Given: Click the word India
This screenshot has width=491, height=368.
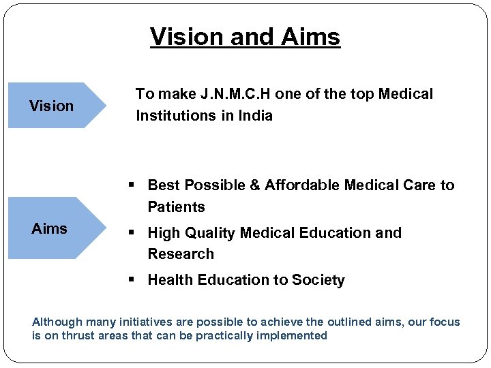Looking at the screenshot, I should coord(255,116).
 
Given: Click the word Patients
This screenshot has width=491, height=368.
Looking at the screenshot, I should coord(176,207).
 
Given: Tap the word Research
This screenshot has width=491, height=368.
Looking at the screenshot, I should coord(181,254).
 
